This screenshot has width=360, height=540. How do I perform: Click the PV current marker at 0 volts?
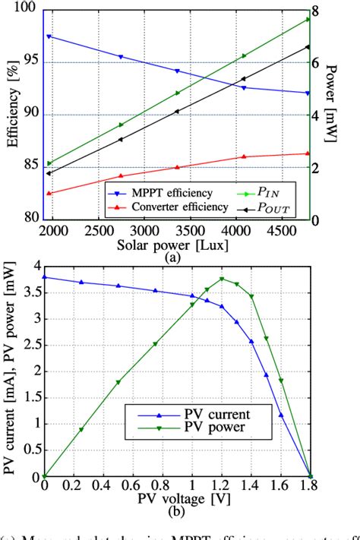click(44, 277)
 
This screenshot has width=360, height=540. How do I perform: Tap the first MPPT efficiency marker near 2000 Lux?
click(49, 36)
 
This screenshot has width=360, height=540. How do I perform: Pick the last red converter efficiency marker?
click(308, 153)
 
